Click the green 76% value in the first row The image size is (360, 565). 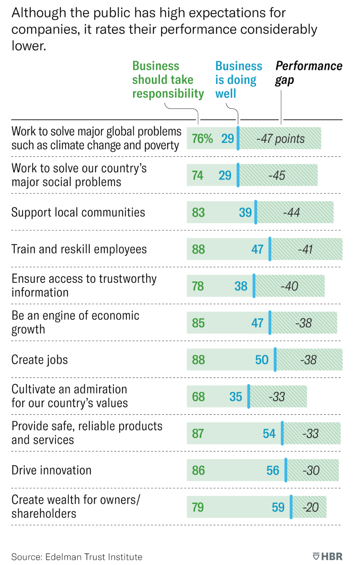(202, 139)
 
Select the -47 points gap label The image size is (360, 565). (280, 139)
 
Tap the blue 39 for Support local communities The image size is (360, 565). (245, 212)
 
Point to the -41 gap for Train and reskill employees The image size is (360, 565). (305, 249)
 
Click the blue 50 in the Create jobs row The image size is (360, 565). (262, 360)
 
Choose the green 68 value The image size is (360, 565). (198, 397)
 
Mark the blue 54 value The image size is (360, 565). (269, 433)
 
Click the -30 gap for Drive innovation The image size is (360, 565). (311, 471)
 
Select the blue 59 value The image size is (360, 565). (278, 507)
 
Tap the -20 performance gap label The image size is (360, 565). (310, 507)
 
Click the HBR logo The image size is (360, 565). (327, 556)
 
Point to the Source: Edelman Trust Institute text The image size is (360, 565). (77, 557)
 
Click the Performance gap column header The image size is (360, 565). (308, 73)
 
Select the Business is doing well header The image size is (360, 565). (238, 80)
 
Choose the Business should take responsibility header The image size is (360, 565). (168, 80)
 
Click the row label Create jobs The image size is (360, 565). (39, 360)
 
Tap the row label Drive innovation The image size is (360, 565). (51, 471)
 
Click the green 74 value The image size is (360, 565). (197, 176)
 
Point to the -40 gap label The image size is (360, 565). (289, 286)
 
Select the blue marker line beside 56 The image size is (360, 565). (286, 470)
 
